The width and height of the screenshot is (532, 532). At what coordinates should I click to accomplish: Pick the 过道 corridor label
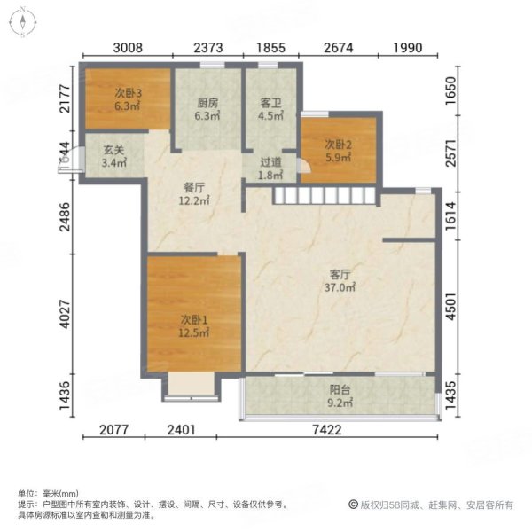pos(270,162)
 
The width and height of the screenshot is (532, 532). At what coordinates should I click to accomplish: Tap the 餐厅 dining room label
pos(195,188)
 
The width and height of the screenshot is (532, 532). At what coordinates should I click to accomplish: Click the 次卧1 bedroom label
pos(192,319)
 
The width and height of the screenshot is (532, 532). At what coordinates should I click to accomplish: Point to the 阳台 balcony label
pos(340,388)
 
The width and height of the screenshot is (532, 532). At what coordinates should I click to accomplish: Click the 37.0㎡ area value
pos(340,287)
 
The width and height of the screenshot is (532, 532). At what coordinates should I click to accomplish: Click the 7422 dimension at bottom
pos(338,430)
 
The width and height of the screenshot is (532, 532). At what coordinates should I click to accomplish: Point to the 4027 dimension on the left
pos(65,307)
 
